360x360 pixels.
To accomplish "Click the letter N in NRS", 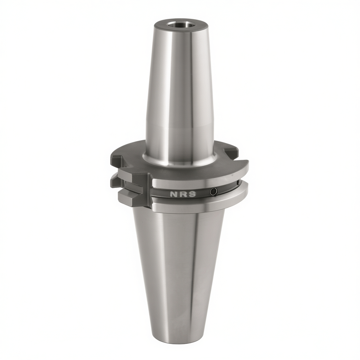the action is pos(173,194).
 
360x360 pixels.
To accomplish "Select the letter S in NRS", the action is pos(192,194).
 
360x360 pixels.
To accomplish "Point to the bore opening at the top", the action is pos(180,24).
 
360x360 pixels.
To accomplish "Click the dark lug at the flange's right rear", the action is pos(231,152).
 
